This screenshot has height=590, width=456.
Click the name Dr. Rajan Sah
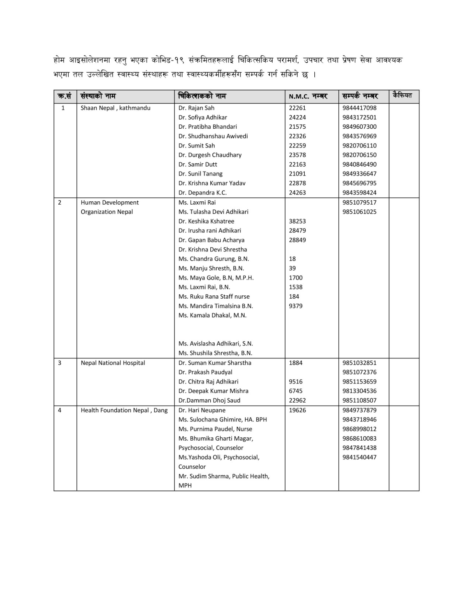pyautogui.click(x=196, y=108)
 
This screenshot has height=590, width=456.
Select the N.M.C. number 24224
pyautogui.click(x=297, y=117)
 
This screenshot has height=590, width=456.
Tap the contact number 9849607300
pyautogui.click(x=359, y=127)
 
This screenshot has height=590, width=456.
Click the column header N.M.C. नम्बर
pyautogui.click(x=308, y=97)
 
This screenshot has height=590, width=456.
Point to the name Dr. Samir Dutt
pyautogui.click(x=198, y=164)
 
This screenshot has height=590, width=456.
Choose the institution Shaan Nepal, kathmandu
pyautogui.click(x=115, y=108)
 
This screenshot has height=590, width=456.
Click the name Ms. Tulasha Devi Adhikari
pyautogui.click(x=213, y=212)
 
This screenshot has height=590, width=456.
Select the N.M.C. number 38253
pyautogui.click(x=297, y=221)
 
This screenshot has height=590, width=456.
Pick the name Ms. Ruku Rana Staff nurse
pyautogui.click(x=214, y=296)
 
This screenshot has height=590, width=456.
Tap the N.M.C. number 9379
pyautogui.click(x=296, y=306)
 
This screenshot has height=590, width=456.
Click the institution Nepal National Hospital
pyautogui.click(x=113, y=363)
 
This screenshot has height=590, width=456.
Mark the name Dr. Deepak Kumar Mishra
pyautogui.click(x=213, y=391)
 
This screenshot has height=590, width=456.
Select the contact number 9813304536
pyautogui.click(x=359, y=391)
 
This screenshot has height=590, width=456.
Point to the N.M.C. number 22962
pyautogui.click(x=297, y=400)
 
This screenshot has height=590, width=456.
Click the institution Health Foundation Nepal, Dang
pyautogui.click(x=124, y=410)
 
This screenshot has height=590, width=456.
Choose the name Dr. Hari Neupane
pyautogui.click(x=202, y=410)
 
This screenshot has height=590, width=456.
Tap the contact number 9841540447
pyautogui.click(x=359, y=457)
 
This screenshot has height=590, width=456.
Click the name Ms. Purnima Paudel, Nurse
pyautogui.click(x=215, y=429)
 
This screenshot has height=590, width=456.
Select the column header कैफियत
pyautogui.click(x=402, y=96)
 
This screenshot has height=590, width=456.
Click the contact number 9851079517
pyautogui.click(x=359, y=202)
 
